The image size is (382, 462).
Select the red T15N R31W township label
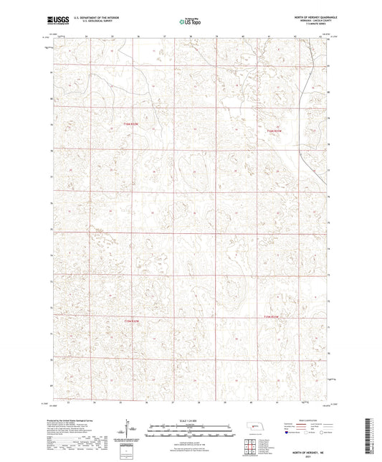pyautogui.click(x=275, y=131)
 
